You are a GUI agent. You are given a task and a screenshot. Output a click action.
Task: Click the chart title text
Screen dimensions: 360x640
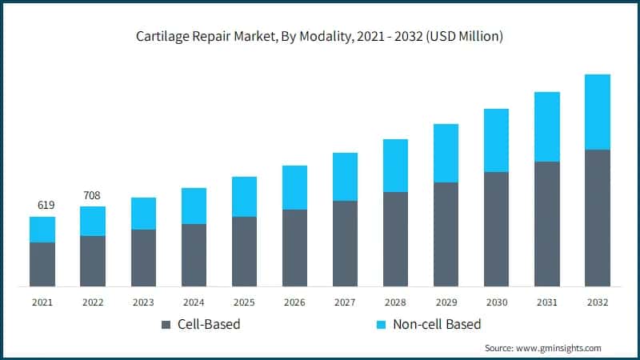pyautogui.click(x=319, y=36)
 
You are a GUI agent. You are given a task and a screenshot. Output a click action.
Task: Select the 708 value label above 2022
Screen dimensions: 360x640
pyautogui.click(x=93, y=195)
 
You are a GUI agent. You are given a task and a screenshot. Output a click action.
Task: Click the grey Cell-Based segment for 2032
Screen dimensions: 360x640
pyautogui.click(x=598, y=218)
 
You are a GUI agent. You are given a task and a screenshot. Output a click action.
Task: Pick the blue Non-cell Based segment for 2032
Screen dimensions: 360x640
pyautogui.click(x=598, y=112)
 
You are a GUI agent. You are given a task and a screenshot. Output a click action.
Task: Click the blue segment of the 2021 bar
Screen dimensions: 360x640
pyautogui.click(x=42, y=230)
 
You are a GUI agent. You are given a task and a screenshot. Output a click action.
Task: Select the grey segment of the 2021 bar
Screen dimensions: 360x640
pyautogui.click(x=42, y=264)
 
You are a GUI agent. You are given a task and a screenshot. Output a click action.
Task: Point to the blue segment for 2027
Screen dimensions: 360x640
pyautogui.click(x=345, y=177)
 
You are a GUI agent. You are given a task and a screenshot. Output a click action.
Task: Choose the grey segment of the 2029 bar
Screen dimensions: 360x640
pyautogui.click(x=446, y=234)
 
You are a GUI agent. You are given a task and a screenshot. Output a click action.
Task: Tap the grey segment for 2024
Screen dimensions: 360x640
pyautogui.click(x=194, y=255)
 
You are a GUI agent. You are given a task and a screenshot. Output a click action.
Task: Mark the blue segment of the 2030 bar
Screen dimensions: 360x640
pyautogui.click(x=496, y=140)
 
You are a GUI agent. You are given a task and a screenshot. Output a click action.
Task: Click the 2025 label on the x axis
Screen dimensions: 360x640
pyautogui.click(x=244, y=302)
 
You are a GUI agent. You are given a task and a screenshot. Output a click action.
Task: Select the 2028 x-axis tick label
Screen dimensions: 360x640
pyautogui.click(x=395, y=302)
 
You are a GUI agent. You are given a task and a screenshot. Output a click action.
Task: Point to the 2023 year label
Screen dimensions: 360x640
pyautogui.click(x=143, y=302)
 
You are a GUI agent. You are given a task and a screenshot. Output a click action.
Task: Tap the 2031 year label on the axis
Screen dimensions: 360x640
pyautogui.click(x=546, y=302)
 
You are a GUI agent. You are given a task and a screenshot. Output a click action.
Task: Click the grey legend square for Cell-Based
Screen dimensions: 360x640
pyautogui.click(x=166, y=325)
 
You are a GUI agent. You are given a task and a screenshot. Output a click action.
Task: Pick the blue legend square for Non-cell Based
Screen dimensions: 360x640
pyautogui.click(x=381, y=325)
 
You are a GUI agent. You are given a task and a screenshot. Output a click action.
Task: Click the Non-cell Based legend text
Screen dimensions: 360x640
pyautogui.click(x=438, y=325)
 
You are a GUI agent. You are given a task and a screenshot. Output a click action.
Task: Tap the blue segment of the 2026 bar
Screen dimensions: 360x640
pyautogui.click(x=294, y=188)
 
